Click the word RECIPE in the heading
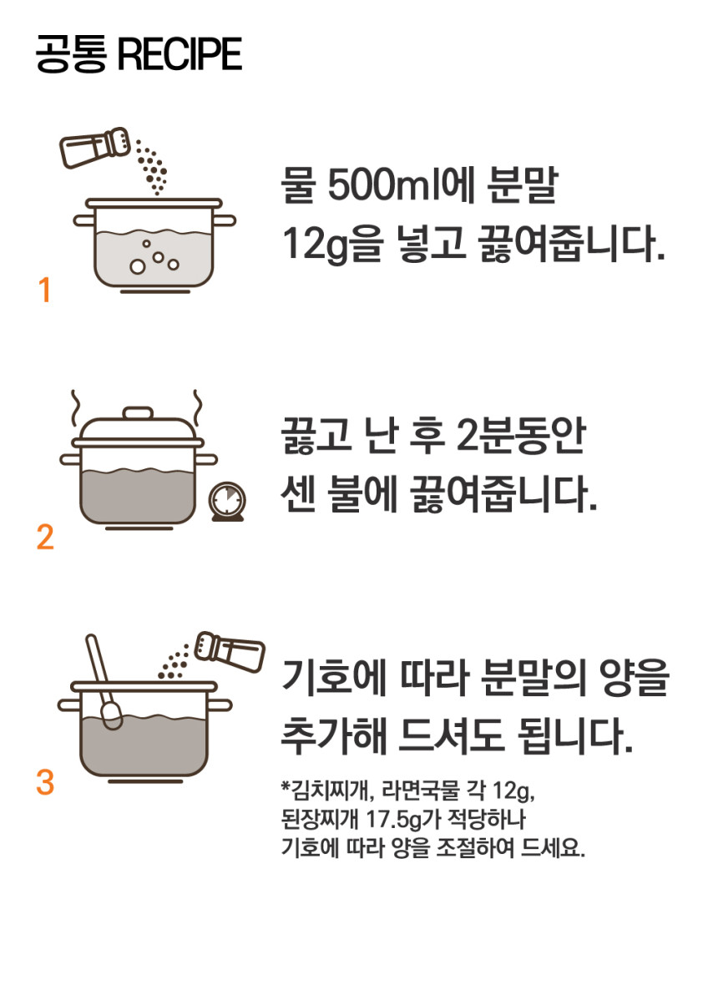pyautogui.click(x=180, y=53)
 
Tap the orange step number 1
pyautogui.click(x=44, y=290)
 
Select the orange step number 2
pyautogui.click(x=45, y=538)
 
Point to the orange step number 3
pyautogui.click(x=45, y=782)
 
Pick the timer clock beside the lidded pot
pyautogui.click(x=227, y=502)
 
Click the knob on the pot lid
pyautogui.click(x=138, y=413)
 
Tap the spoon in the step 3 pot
pyautogui.click(x=103, y=682)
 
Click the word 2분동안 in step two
pyautogui.click(x=521, y=436)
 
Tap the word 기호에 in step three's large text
pyautogui.click(x=333, y=676)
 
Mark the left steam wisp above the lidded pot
pyautogui.click(x=77, y=407)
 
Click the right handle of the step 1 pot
pyautogui.click(x=226, y=220)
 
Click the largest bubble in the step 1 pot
pyautogui.click(x=137, y=266)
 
